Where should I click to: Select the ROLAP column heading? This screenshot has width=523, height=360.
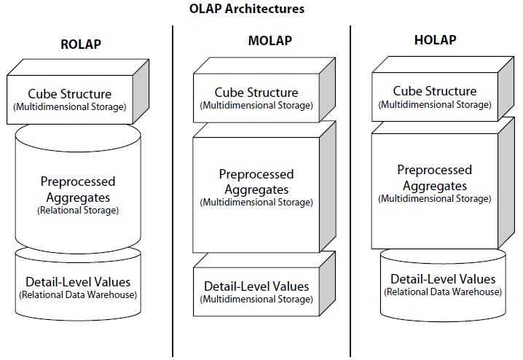pos(80,44)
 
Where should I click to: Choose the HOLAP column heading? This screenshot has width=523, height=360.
pos(435,39)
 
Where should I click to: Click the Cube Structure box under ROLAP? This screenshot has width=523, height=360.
pos(70,100)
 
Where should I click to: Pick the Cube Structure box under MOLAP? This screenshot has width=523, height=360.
pos(256,98)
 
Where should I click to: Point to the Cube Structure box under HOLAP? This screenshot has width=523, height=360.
pos(435,97)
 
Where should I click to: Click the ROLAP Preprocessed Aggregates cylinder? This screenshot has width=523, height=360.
pos(78,193)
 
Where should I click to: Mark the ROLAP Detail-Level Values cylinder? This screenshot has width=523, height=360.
pos(78,286)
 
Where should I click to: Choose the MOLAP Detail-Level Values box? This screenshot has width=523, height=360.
pos(256,291)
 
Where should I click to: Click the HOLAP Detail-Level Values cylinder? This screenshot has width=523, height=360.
pos(443,284)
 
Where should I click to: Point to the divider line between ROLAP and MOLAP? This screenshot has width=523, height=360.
pos(173,189)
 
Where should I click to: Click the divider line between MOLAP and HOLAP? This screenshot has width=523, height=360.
pos(350,189)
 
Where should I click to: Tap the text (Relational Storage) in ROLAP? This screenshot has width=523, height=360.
pos(78,211)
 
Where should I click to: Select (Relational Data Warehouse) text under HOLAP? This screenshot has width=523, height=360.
pos(443,292)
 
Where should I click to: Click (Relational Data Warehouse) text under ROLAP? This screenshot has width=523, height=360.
pos(78,295)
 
